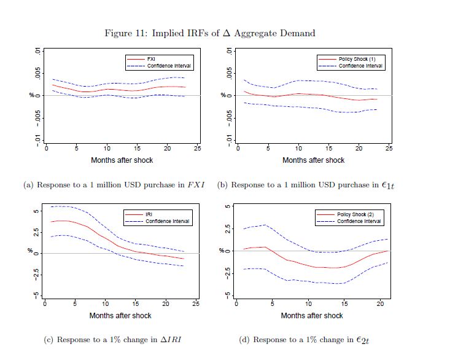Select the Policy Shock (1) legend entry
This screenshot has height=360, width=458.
(351, 58)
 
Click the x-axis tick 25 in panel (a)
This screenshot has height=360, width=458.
(197, 149)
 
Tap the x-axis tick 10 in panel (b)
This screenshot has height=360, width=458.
(298, 149)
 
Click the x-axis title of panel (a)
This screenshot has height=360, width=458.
(122, 160)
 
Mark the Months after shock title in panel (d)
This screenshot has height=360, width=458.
(312, 316)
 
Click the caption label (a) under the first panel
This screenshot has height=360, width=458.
(28, 184)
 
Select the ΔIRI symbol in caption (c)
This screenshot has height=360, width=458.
(176, 340)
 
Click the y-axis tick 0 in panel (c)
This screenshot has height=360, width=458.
(35, 253)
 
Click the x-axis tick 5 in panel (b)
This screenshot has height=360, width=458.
(268, 149)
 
